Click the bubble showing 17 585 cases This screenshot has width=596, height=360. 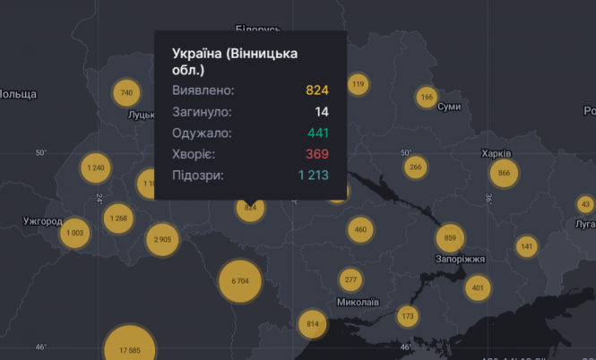click(129, 349)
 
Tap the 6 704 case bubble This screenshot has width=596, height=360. click(240, 280)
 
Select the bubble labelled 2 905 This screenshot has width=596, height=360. click(162, 239)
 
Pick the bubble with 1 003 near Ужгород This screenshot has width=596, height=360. click(75, 233)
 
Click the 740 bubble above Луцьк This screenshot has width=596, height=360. click(126, 93)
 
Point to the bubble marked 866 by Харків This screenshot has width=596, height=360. click(505, 173)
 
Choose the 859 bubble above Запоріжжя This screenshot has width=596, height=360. click(450, 238)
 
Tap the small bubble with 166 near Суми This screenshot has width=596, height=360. click(427, 97)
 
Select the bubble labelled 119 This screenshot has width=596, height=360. click(358, 85)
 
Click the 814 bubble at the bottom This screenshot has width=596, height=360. click(313, 323)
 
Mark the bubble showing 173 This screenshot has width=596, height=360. click(408, 315)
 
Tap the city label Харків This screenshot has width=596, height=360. click(497, 152)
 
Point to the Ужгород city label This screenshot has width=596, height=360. click(43, 220)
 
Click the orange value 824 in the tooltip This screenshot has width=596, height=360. click(317, 90)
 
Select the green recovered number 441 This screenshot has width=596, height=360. click(317, 133)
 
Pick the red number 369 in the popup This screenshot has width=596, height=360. click(317, 155)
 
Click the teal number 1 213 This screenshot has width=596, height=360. click(314, 176)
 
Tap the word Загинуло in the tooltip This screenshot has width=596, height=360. click(202, 112)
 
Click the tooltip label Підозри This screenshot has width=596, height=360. click(198, 176)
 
